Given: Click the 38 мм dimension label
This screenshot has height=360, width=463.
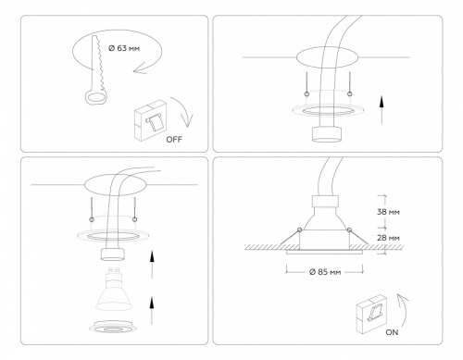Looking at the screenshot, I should coord(389,210).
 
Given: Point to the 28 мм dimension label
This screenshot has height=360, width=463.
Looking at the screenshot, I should coord(389,238).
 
